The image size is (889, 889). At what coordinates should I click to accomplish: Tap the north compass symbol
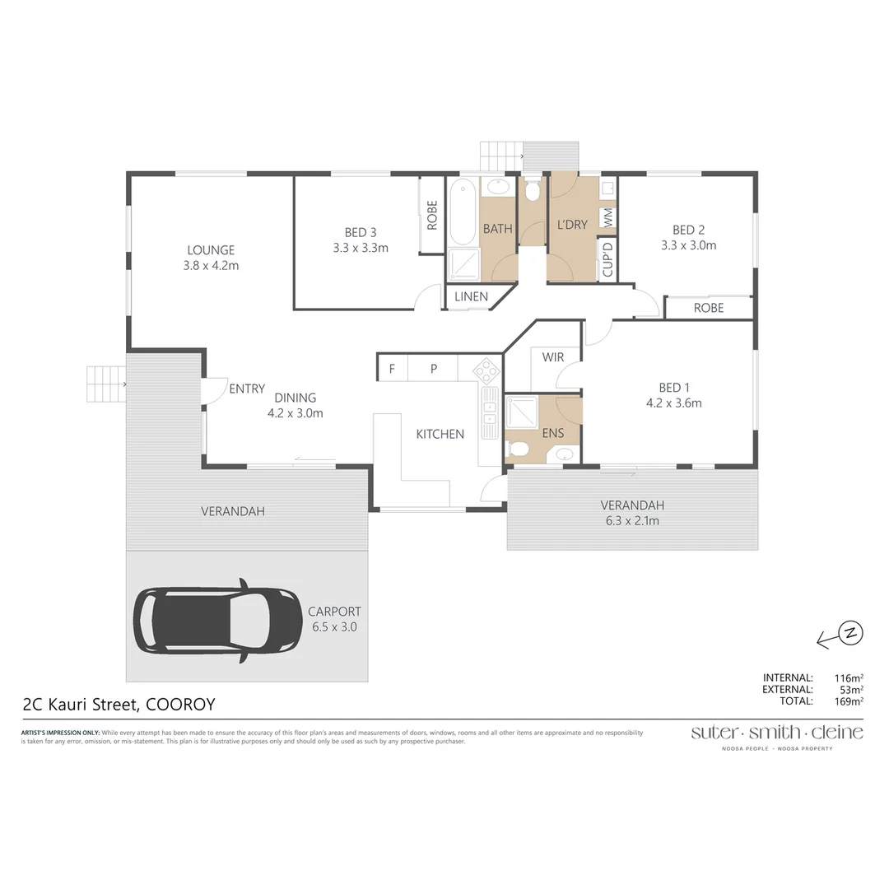[x=851, y=632]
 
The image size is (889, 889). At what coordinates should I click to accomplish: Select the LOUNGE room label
[x=211, y=250]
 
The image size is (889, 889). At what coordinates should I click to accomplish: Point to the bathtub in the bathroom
[x=462, y=212]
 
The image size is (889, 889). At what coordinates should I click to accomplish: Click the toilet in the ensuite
[x=519, y=449]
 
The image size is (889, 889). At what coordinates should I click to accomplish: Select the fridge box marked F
[x=392, y=369]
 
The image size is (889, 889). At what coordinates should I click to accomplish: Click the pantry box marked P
[x=433, y=369]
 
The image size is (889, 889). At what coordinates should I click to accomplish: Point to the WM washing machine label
[x=608, y=217]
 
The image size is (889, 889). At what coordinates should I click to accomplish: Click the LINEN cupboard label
[x=470, y=296]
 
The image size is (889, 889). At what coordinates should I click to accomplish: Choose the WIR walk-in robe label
[x=553, y=357]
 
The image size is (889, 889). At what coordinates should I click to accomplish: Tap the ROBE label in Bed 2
[x=708, y=308]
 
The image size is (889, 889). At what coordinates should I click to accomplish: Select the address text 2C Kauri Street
[x=81, y=705]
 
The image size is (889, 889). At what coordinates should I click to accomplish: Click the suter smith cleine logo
[x=776, y=733]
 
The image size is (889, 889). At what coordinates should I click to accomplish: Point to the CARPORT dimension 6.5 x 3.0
[x=334, y=626]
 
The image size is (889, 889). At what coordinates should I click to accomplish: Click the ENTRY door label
[x=247, y=389]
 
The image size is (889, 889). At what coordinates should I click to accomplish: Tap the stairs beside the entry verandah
[x=105, y=384]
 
